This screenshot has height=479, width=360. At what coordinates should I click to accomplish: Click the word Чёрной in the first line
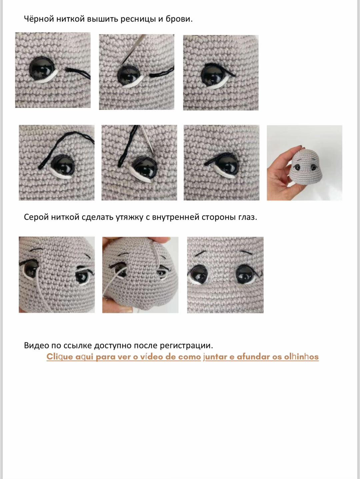click(x=39, y=19)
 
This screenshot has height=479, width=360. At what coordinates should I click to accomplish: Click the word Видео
click(x=36, y=345)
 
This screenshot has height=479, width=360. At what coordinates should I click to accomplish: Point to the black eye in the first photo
click(x=41, y=68)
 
